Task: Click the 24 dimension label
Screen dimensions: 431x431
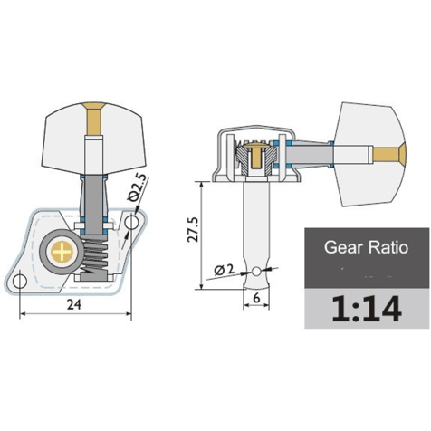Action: pos(74,304)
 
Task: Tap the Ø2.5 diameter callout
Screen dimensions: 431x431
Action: pos(139,187)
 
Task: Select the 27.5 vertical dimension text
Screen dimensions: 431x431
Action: pos(193,229)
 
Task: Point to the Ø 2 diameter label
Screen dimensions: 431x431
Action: pos(224,269)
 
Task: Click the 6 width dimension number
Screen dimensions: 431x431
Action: pos(256,298)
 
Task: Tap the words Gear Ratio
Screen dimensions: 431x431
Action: pos(366,247)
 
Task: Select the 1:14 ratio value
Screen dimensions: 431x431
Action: pos(367,309)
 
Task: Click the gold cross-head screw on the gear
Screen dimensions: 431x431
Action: pos(62,252)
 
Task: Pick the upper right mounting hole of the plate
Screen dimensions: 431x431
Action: pos(132,223)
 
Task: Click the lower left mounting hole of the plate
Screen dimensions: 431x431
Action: pos(20,282)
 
